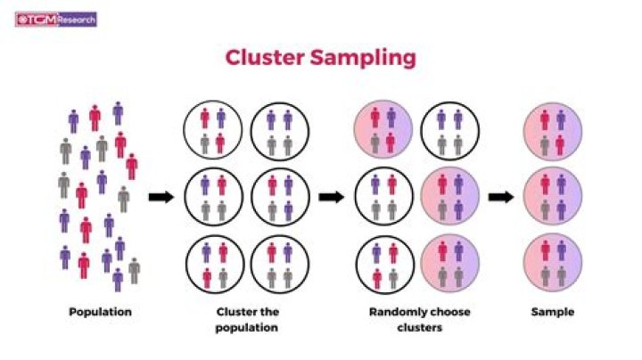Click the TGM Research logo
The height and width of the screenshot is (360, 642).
coord(56,18)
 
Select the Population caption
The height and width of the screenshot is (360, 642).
coord(100,313)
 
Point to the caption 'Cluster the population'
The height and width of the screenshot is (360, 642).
coord(247,320)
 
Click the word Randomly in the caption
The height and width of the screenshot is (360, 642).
coord(395,313)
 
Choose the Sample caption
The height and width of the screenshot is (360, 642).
coord(552,313)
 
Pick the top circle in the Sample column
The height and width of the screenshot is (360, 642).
coord(552,130)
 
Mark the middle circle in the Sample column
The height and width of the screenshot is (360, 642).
coord(552,197)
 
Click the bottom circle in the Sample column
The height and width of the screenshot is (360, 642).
coord(552,265)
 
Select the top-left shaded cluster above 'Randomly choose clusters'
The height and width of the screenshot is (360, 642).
coord(383,130)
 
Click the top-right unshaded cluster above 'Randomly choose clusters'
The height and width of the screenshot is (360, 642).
coord(449,130)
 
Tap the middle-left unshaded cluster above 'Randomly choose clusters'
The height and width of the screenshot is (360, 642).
coord(383,197)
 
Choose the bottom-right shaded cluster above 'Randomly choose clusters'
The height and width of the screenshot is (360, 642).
coord(449,265)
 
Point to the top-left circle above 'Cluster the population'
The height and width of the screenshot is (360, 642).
coord(213,130)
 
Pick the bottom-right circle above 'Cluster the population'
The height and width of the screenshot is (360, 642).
coord(280,265)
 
